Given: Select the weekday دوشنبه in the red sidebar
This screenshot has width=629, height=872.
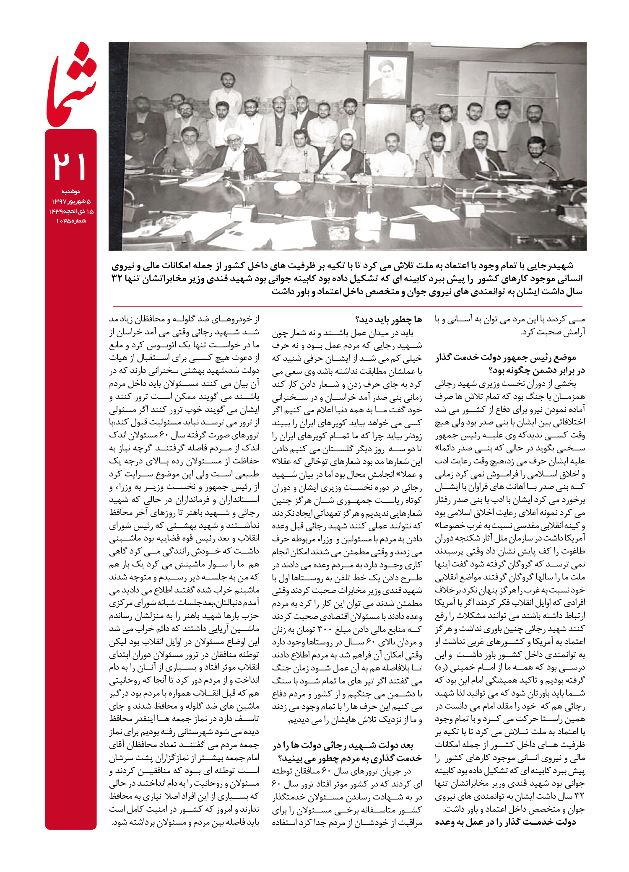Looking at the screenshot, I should pos(70,191).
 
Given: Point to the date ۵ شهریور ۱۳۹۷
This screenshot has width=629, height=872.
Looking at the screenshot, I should pos(70,202).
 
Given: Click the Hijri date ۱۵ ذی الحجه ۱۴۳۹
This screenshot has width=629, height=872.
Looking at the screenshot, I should pos(70,211).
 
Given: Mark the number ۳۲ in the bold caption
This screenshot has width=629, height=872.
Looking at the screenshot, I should pos(117,279).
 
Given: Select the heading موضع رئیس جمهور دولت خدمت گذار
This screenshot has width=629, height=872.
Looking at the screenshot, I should pos(505,357).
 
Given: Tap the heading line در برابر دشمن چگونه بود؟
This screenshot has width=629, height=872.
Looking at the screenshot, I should pos(537,370).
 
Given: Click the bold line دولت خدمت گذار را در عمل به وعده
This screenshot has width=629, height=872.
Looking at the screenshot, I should pos(505,822).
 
